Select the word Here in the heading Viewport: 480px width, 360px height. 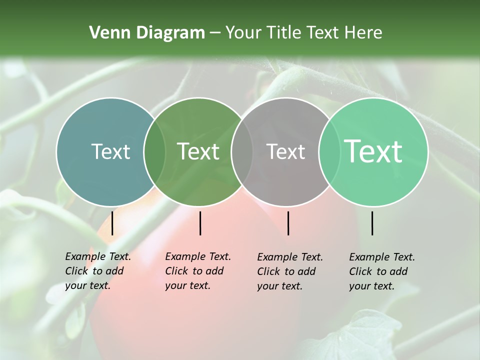[x=363, y=33]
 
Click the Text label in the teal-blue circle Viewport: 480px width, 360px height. [x=110, y=151]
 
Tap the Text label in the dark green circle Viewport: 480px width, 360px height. [x=198, y=151]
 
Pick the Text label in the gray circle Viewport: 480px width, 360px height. [x=285, y=151]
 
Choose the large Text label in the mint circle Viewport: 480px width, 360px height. [x=373, y=151]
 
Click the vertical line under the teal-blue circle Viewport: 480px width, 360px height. [x=112, y=223]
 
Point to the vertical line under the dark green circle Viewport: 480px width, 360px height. [x=200, y=223]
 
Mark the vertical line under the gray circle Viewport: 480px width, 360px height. [x=288, y=223]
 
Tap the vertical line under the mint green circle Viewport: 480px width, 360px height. [x=372, y=223]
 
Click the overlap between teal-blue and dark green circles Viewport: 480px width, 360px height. [x=154, y=151]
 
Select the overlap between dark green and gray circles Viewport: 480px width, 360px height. [x=242, y=151]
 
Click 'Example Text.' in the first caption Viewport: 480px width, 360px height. [x=98, y=256]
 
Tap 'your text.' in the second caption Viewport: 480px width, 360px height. [x=187, y=285]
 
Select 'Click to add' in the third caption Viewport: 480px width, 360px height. [x=286, y=271]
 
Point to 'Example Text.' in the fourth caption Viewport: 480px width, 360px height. [x=382, y=257]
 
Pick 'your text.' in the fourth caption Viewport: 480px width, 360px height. [x=371, y=286]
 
